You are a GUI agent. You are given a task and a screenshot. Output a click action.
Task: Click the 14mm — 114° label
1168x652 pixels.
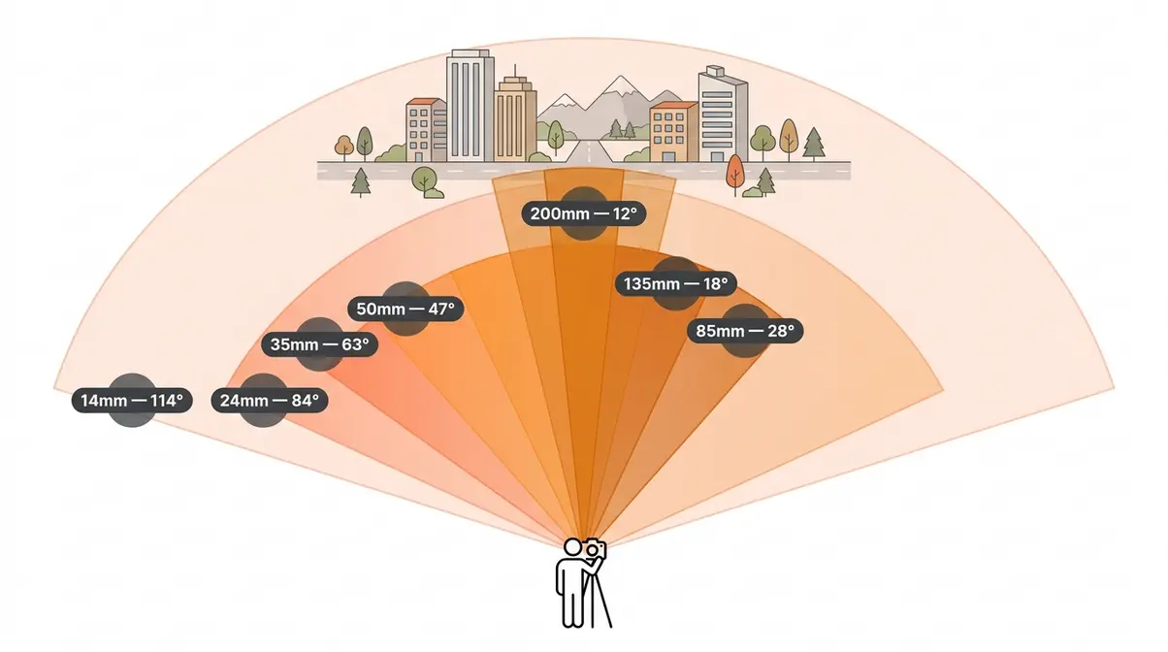(x=132, y=401)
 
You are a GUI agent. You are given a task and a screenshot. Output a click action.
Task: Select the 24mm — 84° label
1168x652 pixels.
(x=269, y=401)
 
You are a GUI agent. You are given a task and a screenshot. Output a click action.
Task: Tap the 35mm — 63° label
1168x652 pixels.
(x=319, y=344)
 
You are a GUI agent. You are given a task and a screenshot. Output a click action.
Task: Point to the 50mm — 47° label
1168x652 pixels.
(x=406, y=309)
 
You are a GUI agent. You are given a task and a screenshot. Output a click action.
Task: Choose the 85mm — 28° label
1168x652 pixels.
(x=745, y=331)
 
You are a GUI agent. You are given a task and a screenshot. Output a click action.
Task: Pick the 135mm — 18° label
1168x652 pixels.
(x=676, y=283)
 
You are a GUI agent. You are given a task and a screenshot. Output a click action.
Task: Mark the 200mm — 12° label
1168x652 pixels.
(x=583, y=213)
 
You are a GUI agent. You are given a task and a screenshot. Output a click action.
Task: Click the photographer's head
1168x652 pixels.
(x=572, y=547)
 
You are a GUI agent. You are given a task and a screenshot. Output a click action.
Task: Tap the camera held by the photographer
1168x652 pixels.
(x=595, y=549)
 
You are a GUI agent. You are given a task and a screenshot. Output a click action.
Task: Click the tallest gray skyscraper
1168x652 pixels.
(x=470, y=106)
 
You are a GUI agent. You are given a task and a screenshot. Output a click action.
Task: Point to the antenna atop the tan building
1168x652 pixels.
(x=515, y=71)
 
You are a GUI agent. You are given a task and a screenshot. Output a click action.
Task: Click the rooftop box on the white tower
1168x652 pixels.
(x=715, y=71)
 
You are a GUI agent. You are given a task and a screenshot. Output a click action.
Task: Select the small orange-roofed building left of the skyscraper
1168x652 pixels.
(x=426, y=130)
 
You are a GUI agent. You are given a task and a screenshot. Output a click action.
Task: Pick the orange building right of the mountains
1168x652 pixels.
(x=673, y=131)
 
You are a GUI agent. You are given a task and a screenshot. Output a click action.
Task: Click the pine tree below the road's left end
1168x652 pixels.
(x=361, y=182)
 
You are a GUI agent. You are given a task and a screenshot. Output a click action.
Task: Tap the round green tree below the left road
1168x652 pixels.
(x=425, y=180)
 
